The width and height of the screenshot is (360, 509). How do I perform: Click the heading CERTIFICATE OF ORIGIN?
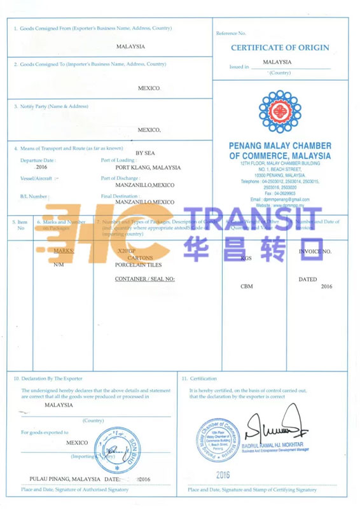[x=280, y=48]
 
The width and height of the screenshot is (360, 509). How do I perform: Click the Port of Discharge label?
[x=120, y=178]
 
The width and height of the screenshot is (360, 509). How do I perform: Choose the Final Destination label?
[x=120, y=196]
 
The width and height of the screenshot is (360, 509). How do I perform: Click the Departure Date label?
[x=38, y=160]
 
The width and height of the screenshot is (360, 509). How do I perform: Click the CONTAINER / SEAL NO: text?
[x=144, y=279]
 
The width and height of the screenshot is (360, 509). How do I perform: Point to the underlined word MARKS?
[x=64, y=251]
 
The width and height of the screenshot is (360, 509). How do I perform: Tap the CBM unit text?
[x=247, y=286]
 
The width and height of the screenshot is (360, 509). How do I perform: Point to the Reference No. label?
[x=231, y=32]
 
